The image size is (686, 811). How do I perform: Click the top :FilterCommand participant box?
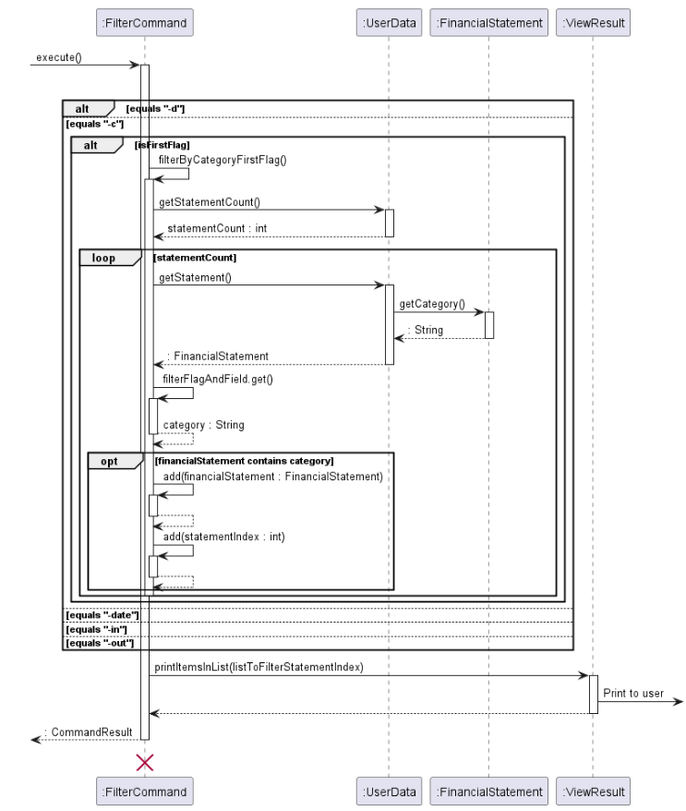pos(145,21)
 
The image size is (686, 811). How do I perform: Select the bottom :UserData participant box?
pos(389,791)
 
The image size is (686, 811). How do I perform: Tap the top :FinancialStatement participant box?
pos(488,21)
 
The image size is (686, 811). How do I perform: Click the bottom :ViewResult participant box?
pos(594,791)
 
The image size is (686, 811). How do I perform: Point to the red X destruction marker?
pos(145,761)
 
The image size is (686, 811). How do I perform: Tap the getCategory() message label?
pos(432,304)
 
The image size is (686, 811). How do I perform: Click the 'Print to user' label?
pos(633,693)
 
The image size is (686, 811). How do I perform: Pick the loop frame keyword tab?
pos(103,258)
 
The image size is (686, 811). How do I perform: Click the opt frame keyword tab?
pos(109,461)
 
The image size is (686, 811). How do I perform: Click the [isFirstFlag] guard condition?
pos(162,145)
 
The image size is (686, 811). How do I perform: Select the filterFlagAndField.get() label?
pos(217,379)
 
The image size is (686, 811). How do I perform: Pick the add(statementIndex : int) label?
pos(223,537)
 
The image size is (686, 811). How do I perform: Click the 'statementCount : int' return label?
pos(217,228)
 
